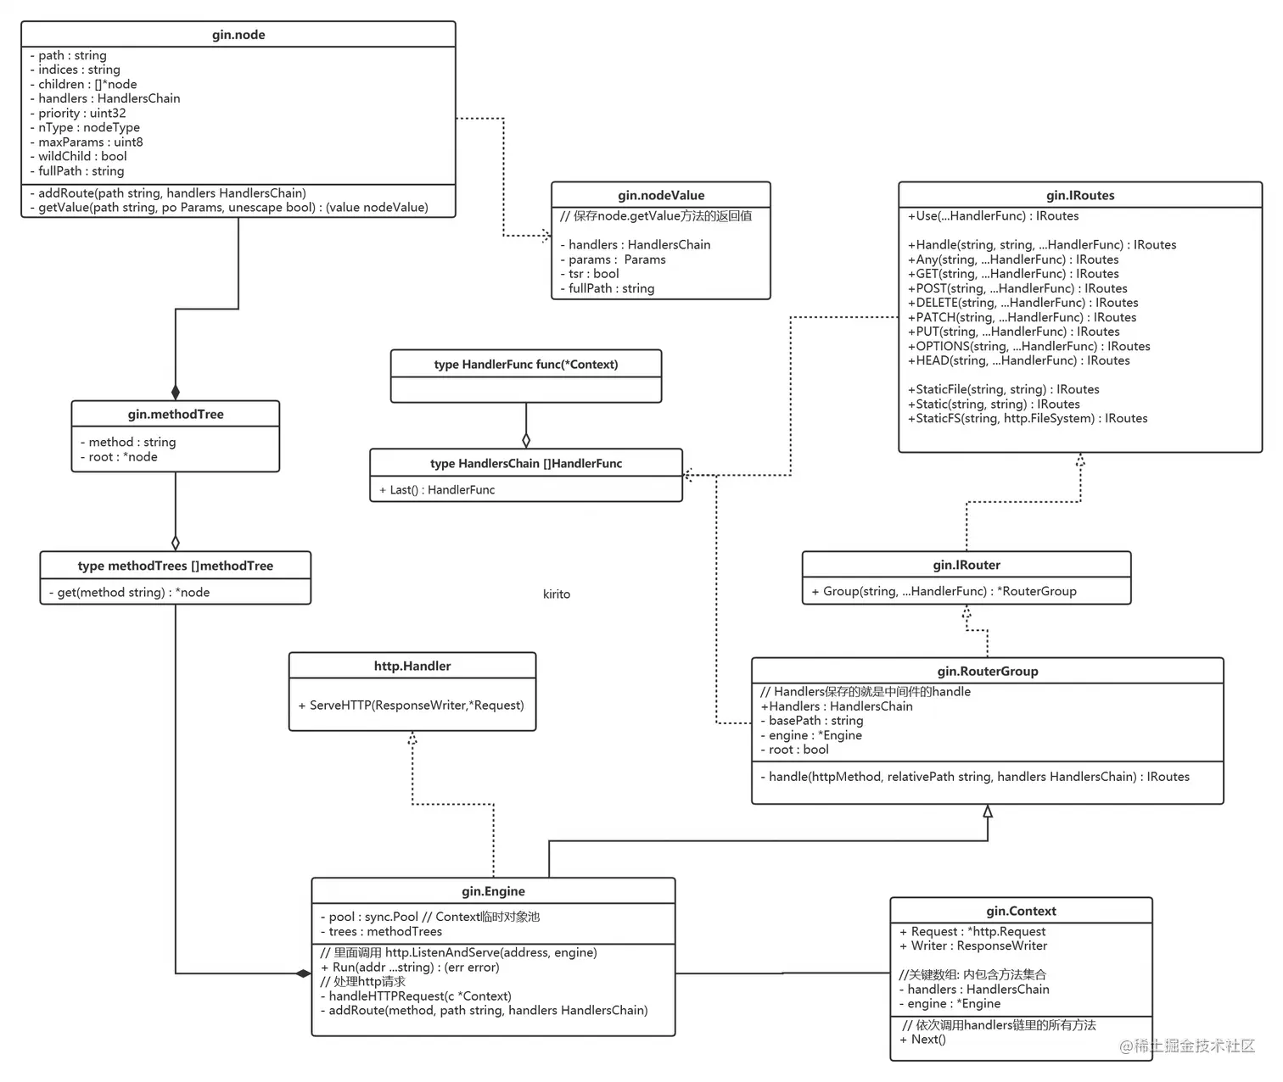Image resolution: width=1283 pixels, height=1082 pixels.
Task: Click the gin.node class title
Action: pyautogui.click(x=238, y=35)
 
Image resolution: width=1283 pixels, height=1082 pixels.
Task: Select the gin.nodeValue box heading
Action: pyautogui.click(x=661, y=195)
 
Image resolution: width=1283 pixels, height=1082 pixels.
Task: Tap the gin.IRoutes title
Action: pyautogui.click(x=1080, y=195)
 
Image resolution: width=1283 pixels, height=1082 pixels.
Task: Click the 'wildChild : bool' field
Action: pyautogui.click(x=82, y=156)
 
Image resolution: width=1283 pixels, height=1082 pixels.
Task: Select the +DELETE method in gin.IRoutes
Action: pyautogui.click(x=1027, y=303)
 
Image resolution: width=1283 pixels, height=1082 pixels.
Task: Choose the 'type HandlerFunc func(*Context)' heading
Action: pyautogui.click(x=526, y=365)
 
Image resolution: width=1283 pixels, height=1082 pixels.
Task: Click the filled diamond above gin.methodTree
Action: pyautogui.click(x=176, y=392)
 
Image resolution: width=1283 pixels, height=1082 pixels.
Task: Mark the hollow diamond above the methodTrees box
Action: pyautogui.click(x=176, y=543)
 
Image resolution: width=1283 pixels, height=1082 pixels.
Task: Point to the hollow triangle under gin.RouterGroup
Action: pyautogui.click(x=988, y=811)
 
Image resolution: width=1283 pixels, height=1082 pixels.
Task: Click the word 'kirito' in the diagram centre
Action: pyautogui.click(x=557, y=594)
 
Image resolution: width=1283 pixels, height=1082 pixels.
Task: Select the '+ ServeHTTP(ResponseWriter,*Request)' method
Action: pyautogui.click(x=411, y=705)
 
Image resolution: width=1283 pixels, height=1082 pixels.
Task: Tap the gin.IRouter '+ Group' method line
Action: pyautogui.click(x=944, y=591)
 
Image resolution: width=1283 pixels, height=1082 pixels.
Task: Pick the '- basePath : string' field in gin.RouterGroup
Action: pyautogui.click(x=811, y=721)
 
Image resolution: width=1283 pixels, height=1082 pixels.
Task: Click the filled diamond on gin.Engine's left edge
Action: pyautogui.click(x=303, y=973)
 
